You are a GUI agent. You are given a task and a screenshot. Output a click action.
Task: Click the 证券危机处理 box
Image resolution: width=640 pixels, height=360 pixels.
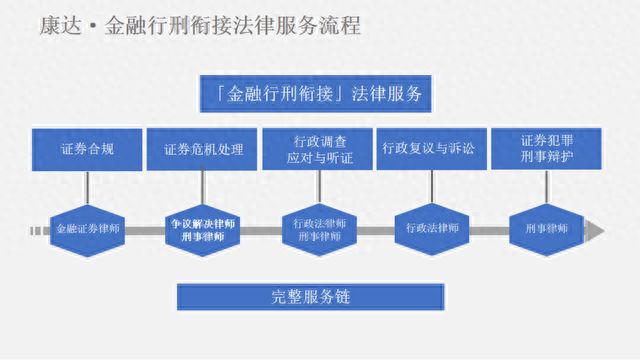(x=204, y=148)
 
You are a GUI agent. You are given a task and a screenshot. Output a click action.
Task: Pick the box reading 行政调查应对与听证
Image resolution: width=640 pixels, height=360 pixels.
(x=318, y=148)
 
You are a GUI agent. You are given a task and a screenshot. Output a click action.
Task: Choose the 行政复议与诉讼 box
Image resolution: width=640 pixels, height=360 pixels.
(x=433, y=148)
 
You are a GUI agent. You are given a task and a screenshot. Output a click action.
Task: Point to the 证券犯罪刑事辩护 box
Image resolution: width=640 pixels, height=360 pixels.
(x=546, y=148)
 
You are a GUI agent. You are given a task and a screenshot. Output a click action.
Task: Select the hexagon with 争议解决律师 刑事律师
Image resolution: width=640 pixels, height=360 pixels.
(x=204, y=230)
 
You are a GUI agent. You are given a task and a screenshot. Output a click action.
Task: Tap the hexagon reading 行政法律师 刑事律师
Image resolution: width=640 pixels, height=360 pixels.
(x=318, y=230)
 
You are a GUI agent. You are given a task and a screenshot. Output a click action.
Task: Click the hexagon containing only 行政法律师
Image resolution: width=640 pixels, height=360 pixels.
(x=433, y=229)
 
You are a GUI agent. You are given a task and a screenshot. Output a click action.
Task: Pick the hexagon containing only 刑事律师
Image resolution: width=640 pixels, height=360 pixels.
(x=546, y=229)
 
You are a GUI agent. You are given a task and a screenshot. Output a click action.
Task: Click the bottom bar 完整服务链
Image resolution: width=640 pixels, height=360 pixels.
(x=309, y=296)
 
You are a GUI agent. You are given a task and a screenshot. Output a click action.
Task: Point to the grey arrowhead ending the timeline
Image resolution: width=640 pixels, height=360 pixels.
(x=596, y=231)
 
